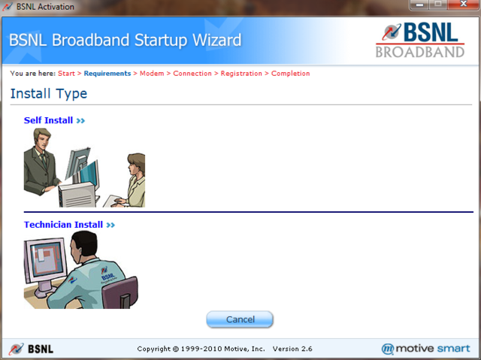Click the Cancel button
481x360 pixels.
pos(240,319)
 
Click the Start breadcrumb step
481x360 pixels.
pos(66,74)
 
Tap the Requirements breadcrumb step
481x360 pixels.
pos(107,74)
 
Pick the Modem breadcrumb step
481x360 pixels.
pos(152,74)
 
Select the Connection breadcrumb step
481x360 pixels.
pos(192,74)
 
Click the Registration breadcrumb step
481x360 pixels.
pos(241,74)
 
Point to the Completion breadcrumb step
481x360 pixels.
pos(291,74)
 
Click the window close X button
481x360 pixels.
pos(463,5)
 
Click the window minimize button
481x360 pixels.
pos(419,5)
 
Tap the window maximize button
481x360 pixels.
pos(438,5)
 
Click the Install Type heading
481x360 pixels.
pos(49,94)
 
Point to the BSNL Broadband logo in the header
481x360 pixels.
pos(420,40)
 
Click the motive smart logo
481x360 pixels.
pos(425,349)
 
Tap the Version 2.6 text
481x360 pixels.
pos(292,349)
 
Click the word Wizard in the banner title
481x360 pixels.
pos(217,40)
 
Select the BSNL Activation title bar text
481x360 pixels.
pos(45,7)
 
